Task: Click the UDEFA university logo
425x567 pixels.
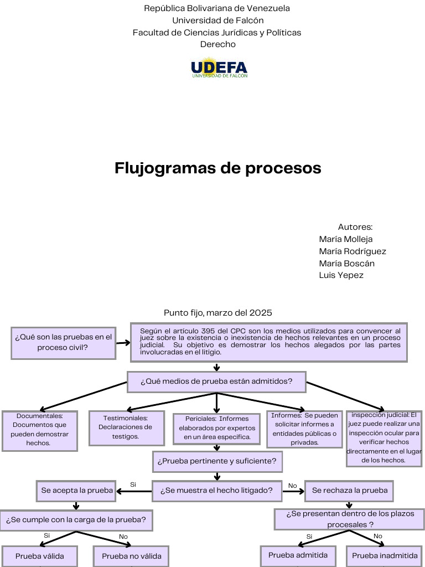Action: click(x=219, y=68)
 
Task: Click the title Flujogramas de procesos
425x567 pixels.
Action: click(x=218, y=168)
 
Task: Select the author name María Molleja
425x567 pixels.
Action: click(x=346, y=239)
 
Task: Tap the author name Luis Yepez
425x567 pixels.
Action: click(x=341, y=275)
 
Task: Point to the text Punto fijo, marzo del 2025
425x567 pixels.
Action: click(x=218, y=313)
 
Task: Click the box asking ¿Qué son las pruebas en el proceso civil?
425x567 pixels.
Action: click(x=63, y=342)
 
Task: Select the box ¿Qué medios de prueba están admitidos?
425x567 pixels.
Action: click(x=216, y=382)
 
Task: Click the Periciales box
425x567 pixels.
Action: click(x=217, y=428)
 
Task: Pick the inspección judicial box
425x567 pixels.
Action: click(x=383, y=437)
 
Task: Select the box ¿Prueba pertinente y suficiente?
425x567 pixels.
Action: click(x=217, y=461)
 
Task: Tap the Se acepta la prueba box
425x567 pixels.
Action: click(x=77, y=490)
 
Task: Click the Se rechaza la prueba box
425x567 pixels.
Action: click(x=349, y=490)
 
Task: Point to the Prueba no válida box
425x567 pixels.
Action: click(x=132, y=556)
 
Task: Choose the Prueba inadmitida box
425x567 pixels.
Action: click(x=385, y=555)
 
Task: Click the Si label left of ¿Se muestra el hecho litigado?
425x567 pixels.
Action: click(x=133, y=484)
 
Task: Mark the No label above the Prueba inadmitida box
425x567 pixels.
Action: click(x=378, y=536)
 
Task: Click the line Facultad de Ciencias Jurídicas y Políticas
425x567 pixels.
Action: click(x=217, y=33)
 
